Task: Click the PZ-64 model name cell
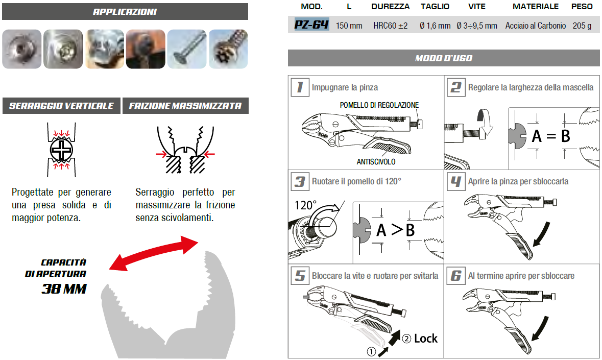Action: pos(311,25)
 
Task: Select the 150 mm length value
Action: pos(349,26)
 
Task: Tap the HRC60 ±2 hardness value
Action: pos(391,26)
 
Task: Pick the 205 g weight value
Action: pos(582,26)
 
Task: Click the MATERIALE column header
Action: pos(536,7)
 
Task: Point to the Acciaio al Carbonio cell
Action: pos(536,26)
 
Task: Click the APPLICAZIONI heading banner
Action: pos(125,12)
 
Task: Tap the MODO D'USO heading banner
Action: pos(444,58)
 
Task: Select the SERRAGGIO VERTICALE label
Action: pos(61,106)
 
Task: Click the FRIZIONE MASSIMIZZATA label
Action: pos(185,106)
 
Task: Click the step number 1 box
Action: pos(300,87)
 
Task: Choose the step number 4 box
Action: pos(456,181)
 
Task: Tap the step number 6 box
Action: pos(456,276)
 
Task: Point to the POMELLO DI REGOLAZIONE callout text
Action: pos(379,105)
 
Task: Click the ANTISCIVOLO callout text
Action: pos(376,162)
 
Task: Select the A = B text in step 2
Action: pos(551,136)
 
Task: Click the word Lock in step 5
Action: pos(426,339)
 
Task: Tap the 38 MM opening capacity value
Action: pos(64,289)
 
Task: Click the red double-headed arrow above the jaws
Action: pos(154,253)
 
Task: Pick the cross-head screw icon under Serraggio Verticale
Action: pos(61,150)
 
